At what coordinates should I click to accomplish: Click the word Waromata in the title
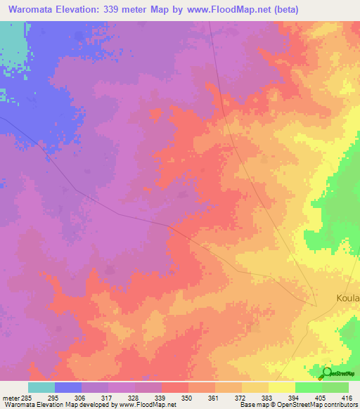point(35,10)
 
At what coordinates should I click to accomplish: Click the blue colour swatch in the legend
point(68,387)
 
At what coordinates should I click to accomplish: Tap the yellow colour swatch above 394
point(282,387)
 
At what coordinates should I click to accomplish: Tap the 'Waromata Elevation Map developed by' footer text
point(59,405)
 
